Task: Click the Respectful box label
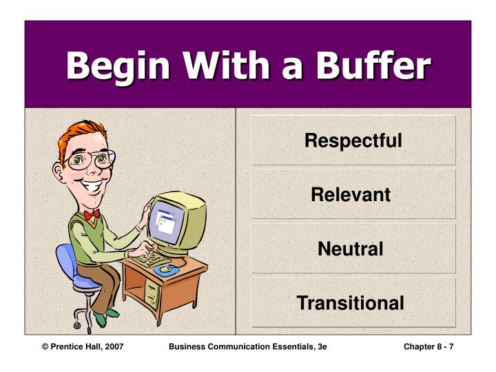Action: tap(353, 141)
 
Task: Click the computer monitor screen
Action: tap(167, 221)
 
